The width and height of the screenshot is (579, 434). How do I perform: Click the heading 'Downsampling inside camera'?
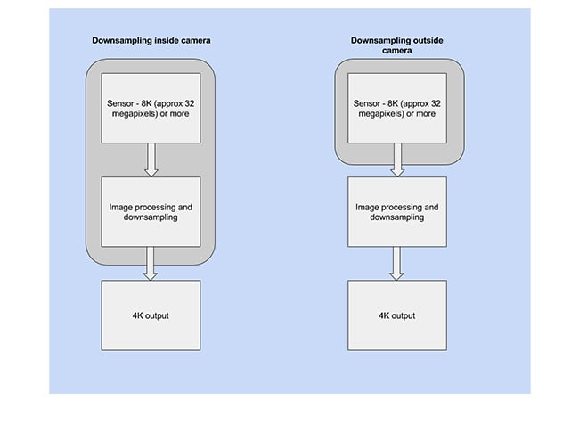coord(151,41)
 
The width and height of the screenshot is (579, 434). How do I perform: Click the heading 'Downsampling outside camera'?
coord(397,45)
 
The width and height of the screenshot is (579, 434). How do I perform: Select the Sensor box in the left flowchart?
coord(151,108)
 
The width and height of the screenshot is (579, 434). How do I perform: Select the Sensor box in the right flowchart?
coord(397,108)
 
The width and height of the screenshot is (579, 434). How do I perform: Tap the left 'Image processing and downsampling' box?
coord(151,211)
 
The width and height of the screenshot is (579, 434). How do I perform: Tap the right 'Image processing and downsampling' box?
coord(397,211)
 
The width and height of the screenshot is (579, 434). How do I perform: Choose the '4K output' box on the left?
coord(151,315)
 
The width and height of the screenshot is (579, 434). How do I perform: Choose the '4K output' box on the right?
coord(397,315)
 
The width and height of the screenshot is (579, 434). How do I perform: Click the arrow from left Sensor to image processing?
coord(151,160)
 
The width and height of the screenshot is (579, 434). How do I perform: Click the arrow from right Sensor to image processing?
coord(397,160)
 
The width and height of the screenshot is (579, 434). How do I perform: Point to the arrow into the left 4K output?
coord(150,264)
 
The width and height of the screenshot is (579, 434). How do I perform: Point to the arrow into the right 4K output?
coord(396,264)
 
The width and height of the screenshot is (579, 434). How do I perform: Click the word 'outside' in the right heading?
coord(429,41)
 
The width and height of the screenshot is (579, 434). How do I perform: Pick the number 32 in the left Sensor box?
coord(190,103)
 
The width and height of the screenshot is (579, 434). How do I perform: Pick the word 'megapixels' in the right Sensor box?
coord(380,114)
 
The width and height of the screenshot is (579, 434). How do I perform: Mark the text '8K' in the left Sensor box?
coord(147,103)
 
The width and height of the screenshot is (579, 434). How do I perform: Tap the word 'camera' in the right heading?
coord(397,51)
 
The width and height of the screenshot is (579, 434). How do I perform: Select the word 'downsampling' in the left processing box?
coord(151,217)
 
